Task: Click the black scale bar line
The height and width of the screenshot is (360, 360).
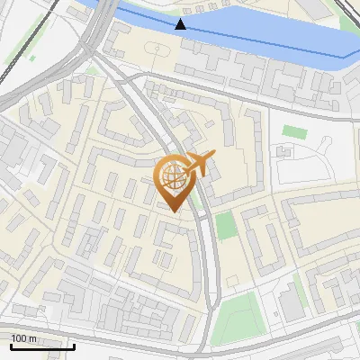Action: pyautogui.click(x=42, y=346)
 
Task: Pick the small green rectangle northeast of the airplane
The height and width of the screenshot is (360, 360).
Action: pyautogui.click(x=293, y=131)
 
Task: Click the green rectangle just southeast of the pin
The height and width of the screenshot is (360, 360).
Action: pyautogui.click(x=226, y=225)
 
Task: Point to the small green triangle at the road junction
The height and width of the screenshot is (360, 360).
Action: pyautogui.click(x=93, y=70)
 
